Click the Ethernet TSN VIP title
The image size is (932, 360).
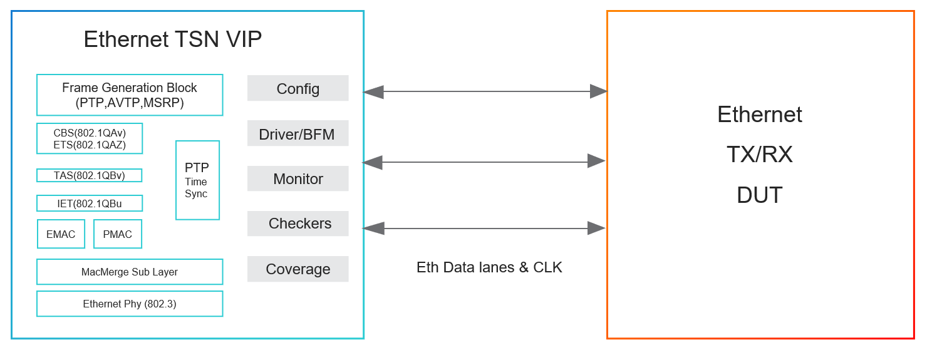[173, 39]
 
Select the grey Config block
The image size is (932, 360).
[298, 88]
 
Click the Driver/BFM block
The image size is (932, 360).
[298, 133]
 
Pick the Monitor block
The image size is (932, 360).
[298, 179]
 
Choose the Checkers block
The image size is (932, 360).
[298, 224]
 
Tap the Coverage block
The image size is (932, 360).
[298, 269]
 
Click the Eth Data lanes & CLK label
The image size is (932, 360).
[489, 267]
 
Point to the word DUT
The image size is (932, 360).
[760, 195]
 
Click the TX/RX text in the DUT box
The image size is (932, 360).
[760, 154]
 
